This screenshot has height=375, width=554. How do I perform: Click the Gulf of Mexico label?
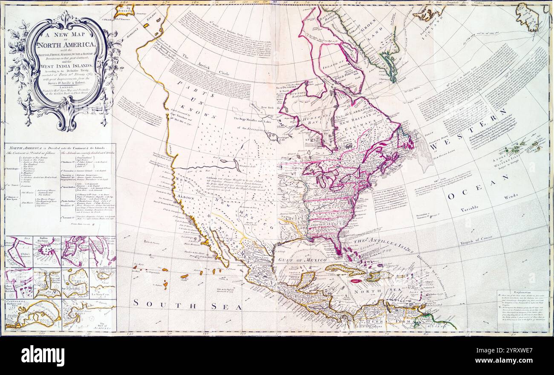pos(303,259)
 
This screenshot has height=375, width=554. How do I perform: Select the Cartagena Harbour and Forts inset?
pos(33,315)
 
